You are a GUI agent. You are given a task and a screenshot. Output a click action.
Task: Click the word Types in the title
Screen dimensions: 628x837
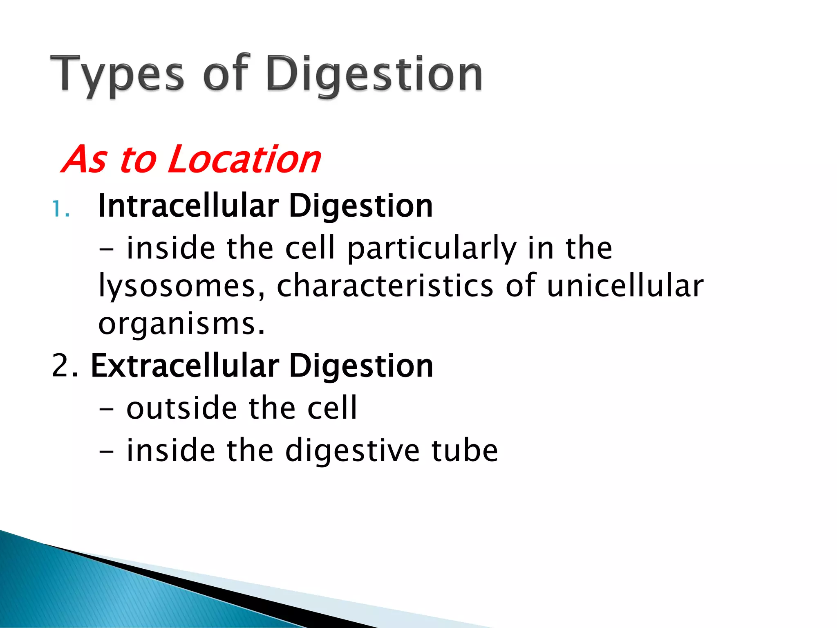[x=117, y=76]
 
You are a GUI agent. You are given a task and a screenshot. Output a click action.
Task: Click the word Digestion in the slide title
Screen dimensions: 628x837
[x=374, y=76]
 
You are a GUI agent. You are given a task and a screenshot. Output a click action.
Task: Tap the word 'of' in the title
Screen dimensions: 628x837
[x=226, y=74]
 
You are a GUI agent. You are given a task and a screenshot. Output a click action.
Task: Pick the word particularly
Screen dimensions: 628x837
[x=432, y=249]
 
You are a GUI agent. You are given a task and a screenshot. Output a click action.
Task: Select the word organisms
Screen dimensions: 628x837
[x=181, y=324]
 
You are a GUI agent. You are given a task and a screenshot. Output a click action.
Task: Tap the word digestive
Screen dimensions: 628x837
[x=352, y=451]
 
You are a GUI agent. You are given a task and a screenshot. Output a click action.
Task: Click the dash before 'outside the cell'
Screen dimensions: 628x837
[x=106, y=409]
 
